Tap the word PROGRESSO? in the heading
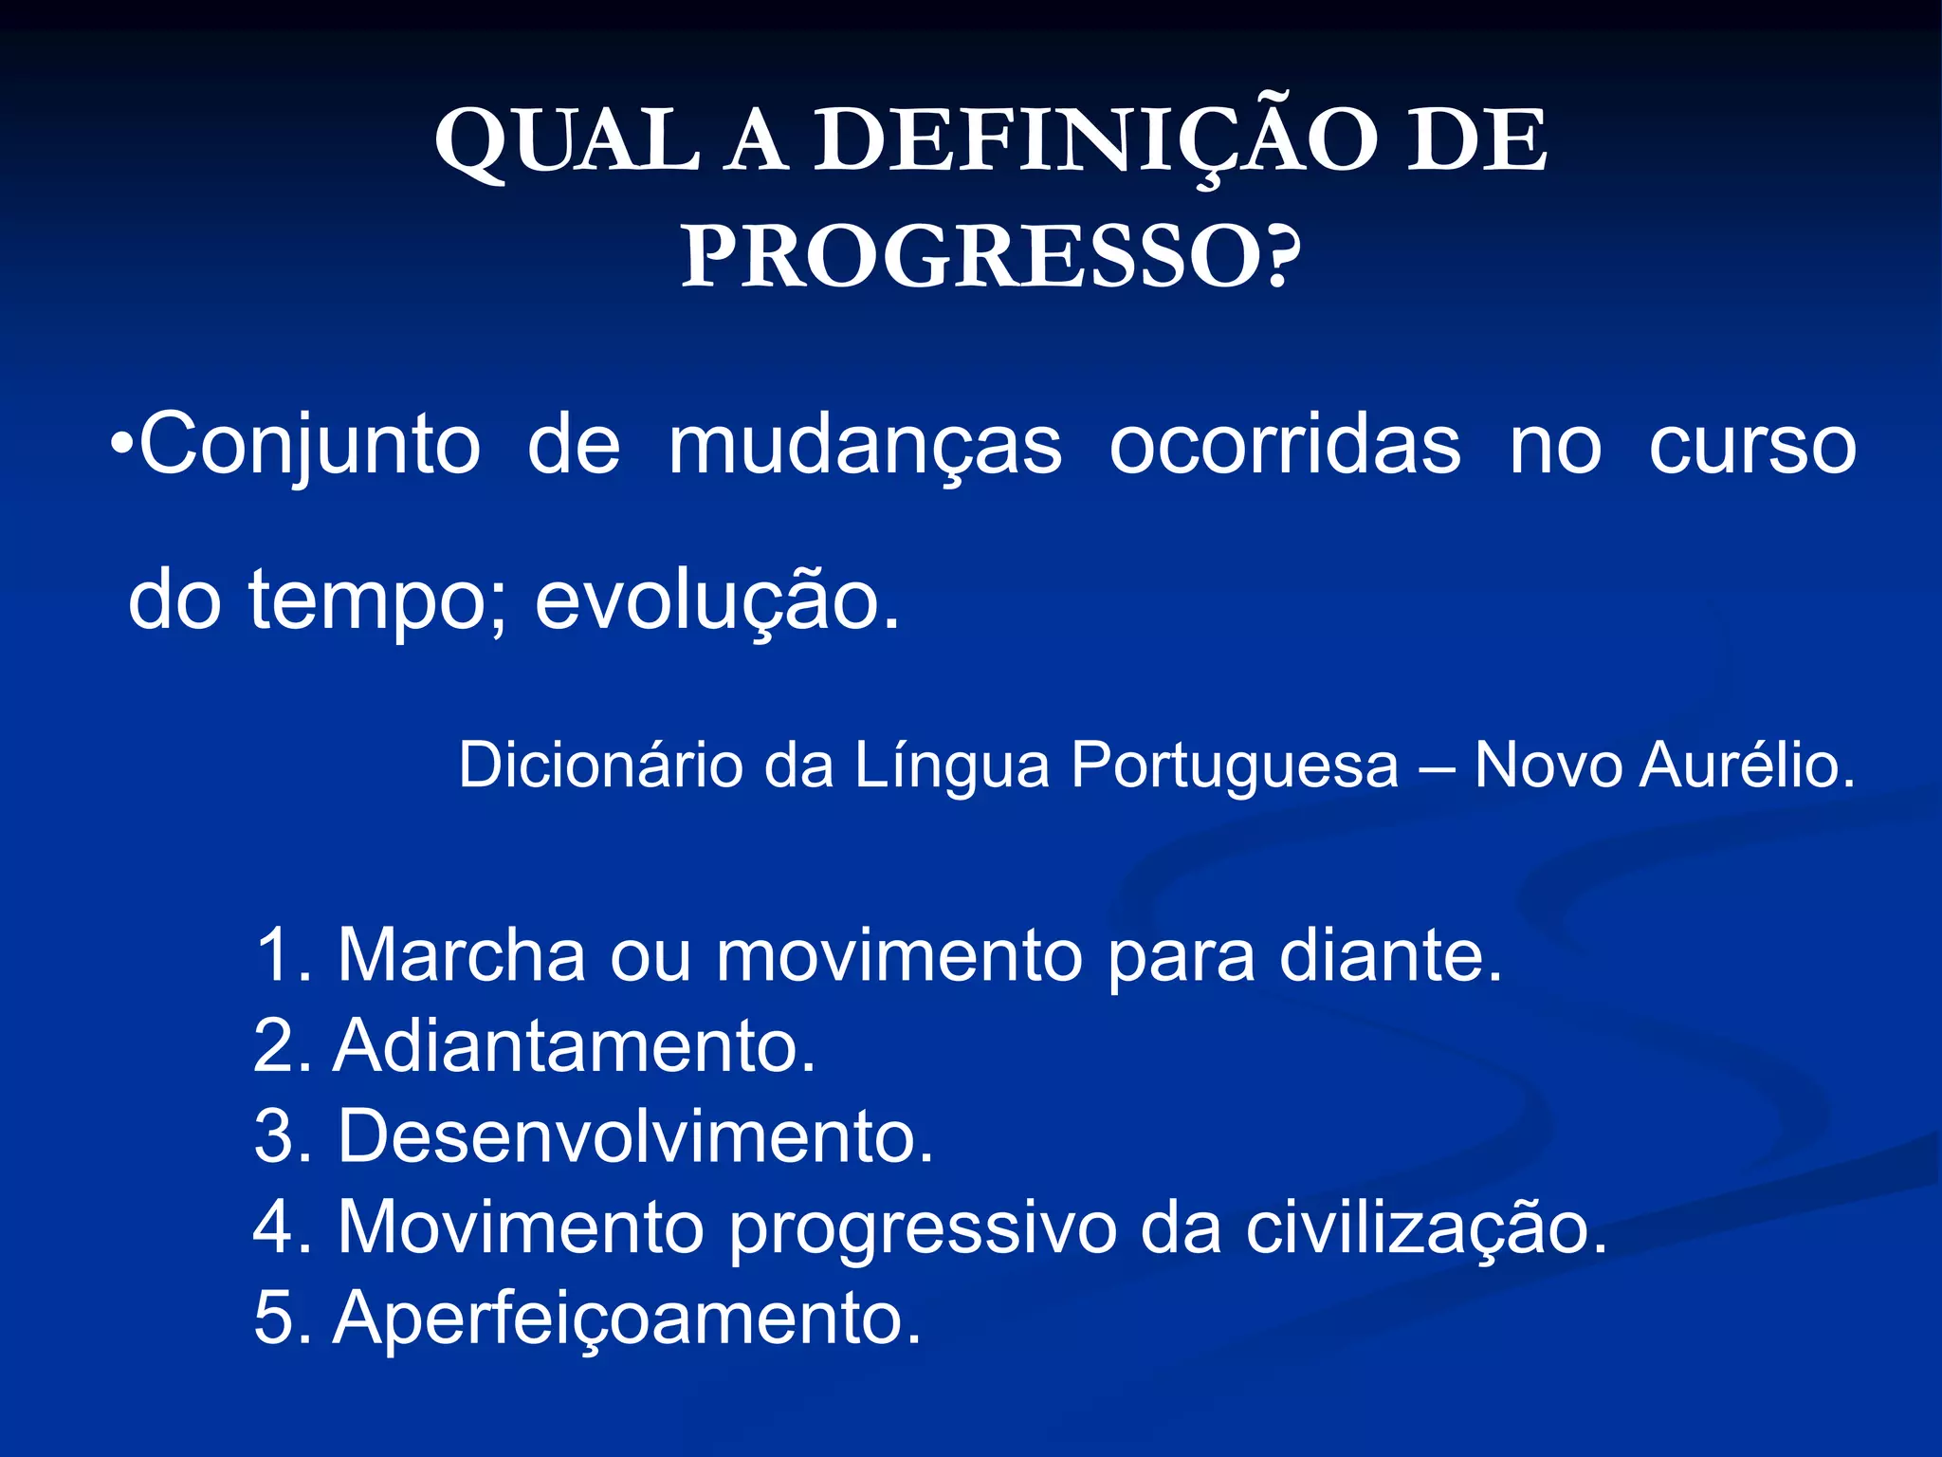pos(991,258)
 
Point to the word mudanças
pos(865,446)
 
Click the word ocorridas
pos(1285,446)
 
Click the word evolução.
pos(717,601)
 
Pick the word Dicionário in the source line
pos(600,765)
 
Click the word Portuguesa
pos(1235,765)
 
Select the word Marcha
pos(462,954)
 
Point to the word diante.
pos(1390,954)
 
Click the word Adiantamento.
pos(574,1045)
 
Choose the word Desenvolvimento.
pos(635,1136)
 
